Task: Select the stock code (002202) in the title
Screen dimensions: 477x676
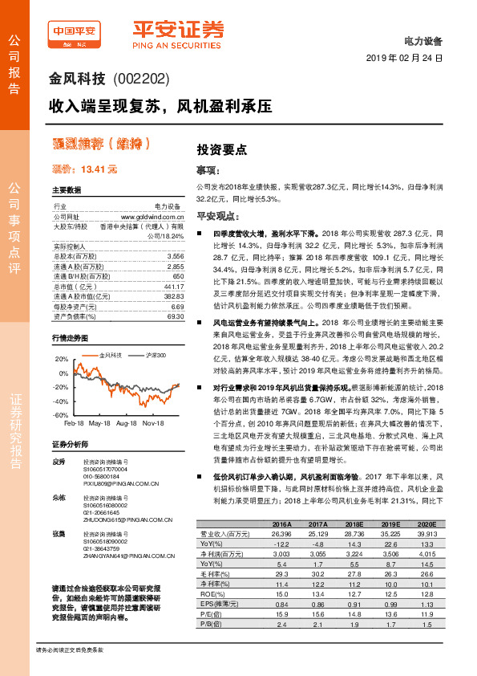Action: pos(141,81)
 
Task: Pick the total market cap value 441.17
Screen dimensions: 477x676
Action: pos(174,287)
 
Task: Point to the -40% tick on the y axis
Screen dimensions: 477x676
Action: pos(60,401)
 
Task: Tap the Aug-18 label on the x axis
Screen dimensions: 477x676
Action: pos(127,422)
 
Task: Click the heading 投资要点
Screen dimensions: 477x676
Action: pos(222,149)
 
